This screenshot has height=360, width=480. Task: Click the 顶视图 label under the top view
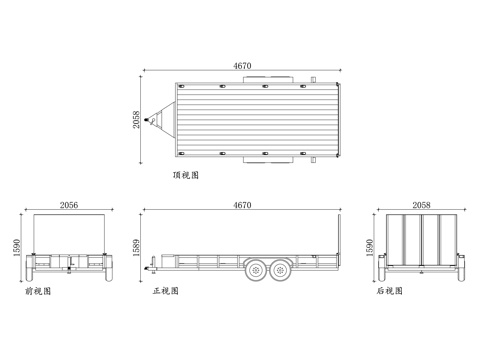click(186, 174)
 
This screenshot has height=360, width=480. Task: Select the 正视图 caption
click(165, 291)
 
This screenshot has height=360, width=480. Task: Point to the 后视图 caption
click(389, 291)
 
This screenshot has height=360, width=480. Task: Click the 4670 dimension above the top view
click(242, 66)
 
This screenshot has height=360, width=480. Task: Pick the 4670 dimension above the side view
click(242, 205)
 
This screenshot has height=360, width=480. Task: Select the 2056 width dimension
click(69, 205)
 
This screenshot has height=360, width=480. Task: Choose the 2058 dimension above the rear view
click(421, 205)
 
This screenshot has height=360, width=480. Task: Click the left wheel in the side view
click(255, 270)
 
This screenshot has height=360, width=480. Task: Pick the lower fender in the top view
click(270, 161)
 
